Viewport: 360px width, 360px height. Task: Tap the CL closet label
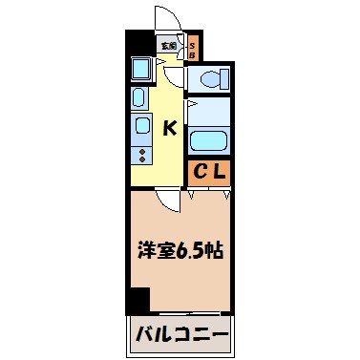[x=209, y=172]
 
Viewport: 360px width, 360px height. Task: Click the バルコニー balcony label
[x=181, y=336]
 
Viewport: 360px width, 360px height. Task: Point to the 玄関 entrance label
[x=168, y=45]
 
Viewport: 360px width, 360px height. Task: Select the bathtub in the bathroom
[x=208, y=140]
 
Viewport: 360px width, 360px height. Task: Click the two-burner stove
[x=140, y=153]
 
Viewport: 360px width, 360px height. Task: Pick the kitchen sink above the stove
[x=140, y=125]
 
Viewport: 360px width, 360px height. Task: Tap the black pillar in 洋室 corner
[x=139, y=299]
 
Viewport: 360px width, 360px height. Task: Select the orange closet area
[x=209, y=172]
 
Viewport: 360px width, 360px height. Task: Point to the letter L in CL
[x=218, y=172]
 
